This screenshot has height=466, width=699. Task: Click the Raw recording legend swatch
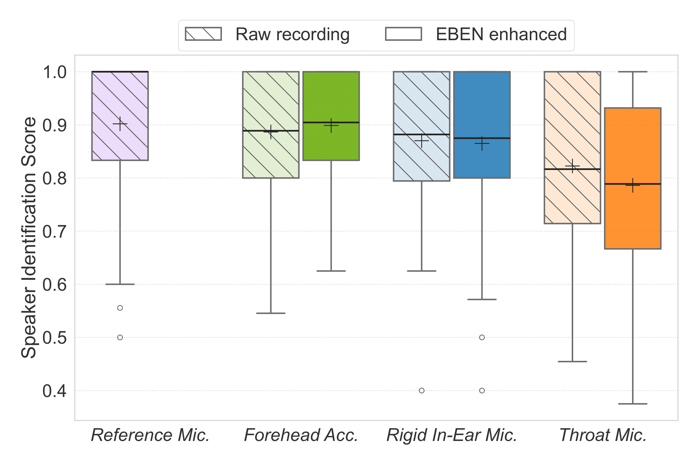click(x=203, y=34)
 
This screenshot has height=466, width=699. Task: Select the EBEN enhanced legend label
click(x=501, y=34)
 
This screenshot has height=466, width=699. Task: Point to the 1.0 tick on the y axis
click(x=55, y=72)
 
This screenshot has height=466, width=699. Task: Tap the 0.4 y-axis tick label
click(x=55, y=391)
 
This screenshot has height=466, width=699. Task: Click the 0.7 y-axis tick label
click(x=55, y=232)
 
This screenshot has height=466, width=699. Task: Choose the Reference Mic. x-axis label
click(x=150, y=435)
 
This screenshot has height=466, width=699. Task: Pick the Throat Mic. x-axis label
click(x=603, y=435)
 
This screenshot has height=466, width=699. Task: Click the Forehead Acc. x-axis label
click(x=301, y=435)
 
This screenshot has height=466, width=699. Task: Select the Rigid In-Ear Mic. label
click(x=452, y=435)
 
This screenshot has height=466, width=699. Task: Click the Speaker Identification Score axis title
click(x=29, y=238)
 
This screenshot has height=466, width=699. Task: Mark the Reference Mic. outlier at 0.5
click(x=120, y=338)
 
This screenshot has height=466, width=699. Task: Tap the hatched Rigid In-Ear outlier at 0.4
click(x=422, y=391)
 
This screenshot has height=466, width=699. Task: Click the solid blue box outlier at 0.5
click(x=482, y=338)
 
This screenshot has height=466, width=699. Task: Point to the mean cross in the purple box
click(x=120, y=124)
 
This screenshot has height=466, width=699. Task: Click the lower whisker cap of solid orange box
click(x=633, y=404)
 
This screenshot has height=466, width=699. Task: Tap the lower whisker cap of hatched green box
click(x=271, y=313)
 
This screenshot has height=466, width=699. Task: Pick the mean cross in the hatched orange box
click(x=572, y=166)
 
